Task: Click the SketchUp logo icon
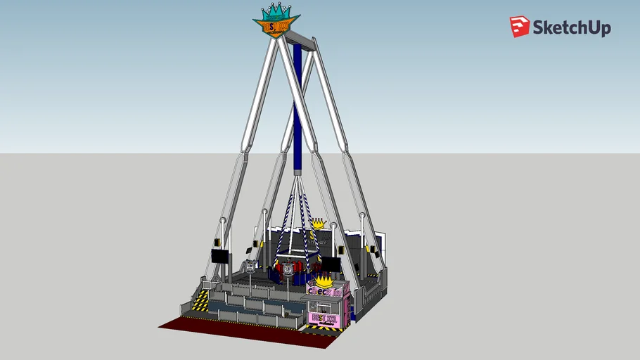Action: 520,27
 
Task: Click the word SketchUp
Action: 571,27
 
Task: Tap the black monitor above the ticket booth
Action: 331,264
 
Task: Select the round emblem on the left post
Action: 250,266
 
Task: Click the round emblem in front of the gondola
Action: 287,269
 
